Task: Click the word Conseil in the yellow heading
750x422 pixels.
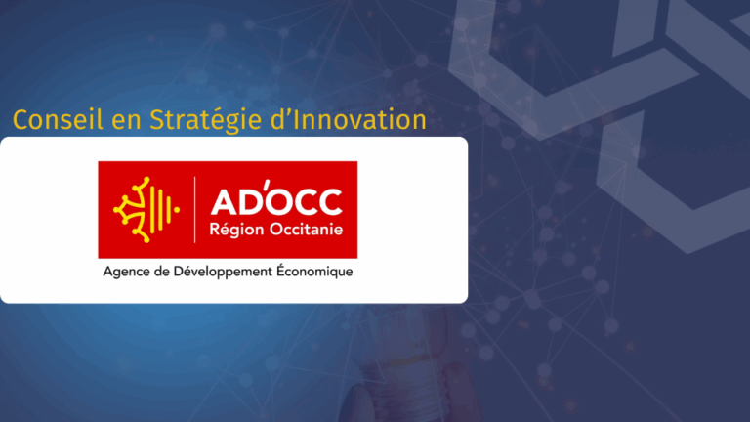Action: click(58, 119)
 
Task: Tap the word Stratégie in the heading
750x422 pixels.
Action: click(206, 121)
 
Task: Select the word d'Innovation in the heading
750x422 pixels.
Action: click(349, 119)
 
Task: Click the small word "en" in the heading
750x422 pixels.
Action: click(126, 122)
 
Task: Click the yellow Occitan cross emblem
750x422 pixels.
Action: click(146, 210)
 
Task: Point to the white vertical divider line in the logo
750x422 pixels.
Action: click(194, 210)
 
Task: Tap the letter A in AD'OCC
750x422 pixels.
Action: click(224, 201)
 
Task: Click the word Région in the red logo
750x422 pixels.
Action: click(236, 230)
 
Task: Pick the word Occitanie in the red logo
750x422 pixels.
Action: click(306, 230)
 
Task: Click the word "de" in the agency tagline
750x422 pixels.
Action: click(162, 272)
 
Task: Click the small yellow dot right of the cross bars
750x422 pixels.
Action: click(177, 210)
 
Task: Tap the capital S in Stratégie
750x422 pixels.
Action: click(157, 119)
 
